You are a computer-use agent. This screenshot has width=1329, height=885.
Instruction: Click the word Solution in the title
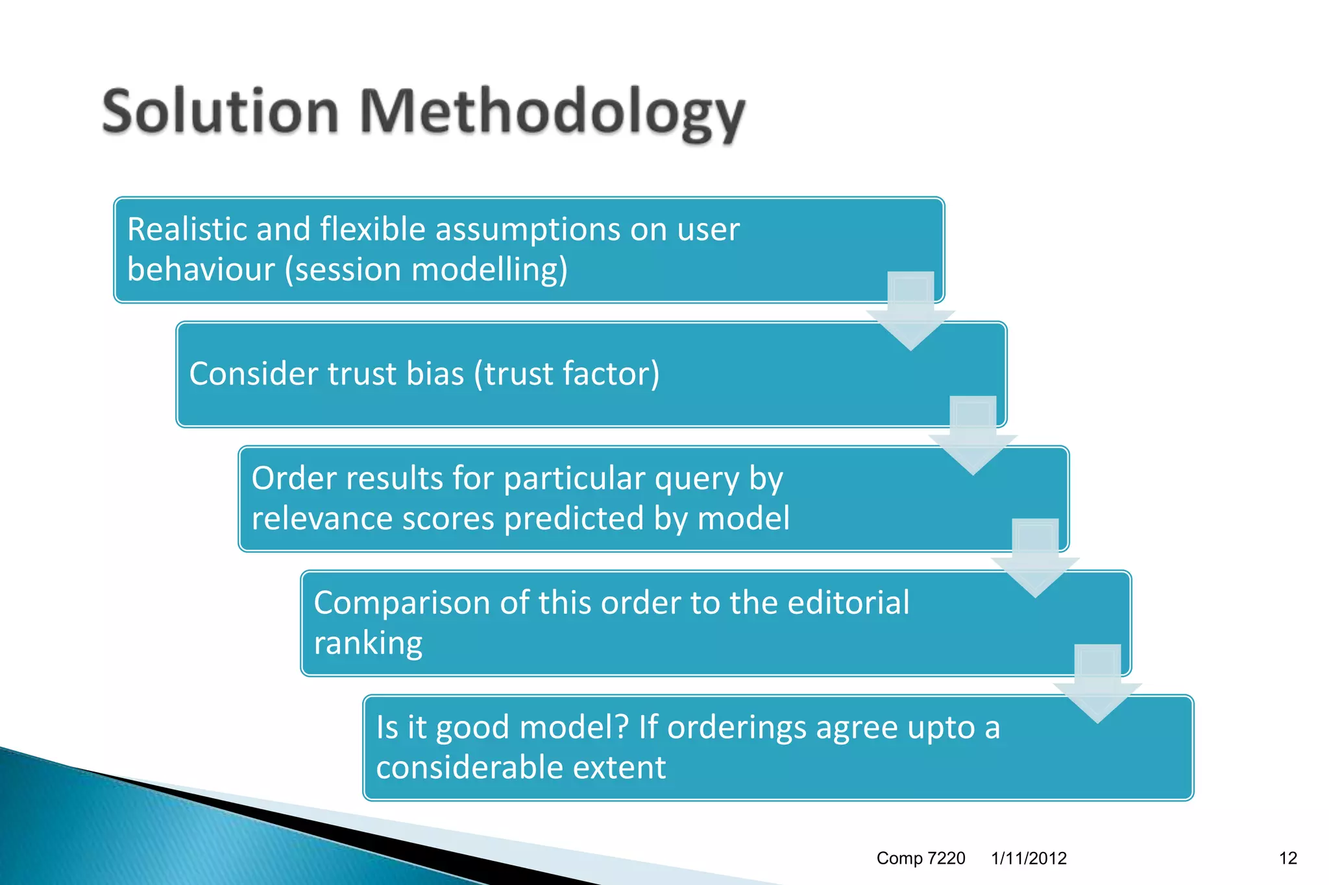click(221, 112)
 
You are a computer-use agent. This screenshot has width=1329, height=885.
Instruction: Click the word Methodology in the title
click(552, 113)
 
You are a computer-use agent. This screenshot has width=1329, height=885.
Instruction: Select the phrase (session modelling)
click(426, 270)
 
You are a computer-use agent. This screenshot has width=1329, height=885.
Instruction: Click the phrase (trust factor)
click(567, 373)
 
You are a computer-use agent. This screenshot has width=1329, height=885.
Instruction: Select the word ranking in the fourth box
click(368, 643)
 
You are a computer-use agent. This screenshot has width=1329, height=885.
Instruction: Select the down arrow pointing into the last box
click(1097, 685)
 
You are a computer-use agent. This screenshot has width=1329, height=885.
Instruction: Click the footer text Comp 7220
click(920, 858)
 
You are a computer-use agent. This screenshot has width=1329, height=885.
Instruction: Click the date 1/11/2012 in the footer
click(1029, 858)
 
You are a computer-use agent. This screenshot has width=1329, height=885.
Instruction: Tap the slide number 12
click(1287, 858)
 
